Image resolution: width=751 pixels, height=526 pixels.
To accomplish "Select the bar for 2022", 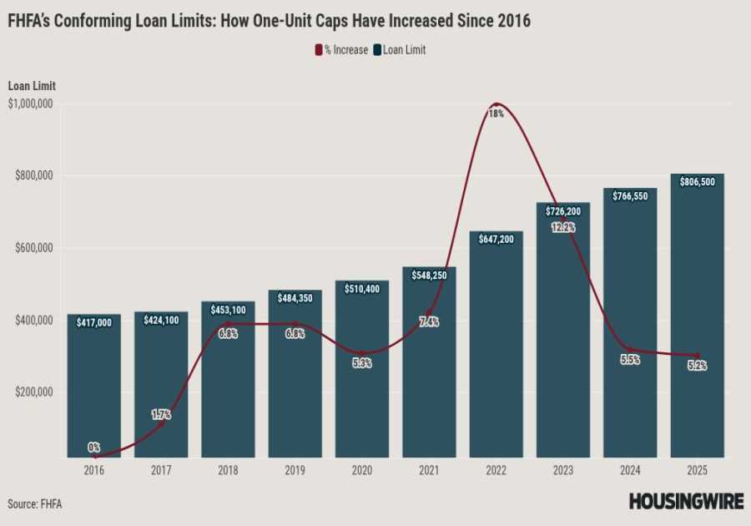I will pos(496,351).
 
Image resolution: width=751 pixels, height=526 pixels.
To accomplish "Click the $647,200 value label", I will pos(496,239).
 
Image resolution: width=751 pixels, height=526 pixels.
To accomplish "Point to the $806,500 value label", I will pos(697,181).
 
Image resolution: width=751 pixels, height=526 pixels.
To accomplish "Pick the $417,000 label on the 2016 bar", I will pos(93,321).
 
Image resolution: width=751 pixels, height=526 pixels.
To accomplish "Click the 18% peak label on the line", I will pos(496,114).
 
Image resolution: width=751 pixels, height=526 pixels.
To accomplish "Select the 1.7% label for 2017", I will pos(160,413).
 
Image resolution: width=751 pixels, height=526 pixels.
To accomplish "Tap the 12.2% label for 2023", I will pos(563,227).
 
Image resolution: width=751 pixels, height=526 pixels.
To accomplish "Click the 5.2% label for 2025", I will pos(697,366).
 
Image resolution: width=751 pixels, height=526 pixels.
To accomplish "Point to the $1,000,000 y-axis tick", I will pos(31,104).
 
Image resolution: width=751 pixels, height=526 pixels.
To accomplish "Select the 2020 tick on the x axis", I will pos(361,470).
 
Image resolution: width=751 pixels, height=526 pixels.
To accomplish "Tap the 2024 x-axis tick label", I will pos(630,470).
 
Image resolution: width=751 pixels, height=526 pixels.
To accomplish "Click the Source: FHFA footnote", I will pos(34,503).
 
